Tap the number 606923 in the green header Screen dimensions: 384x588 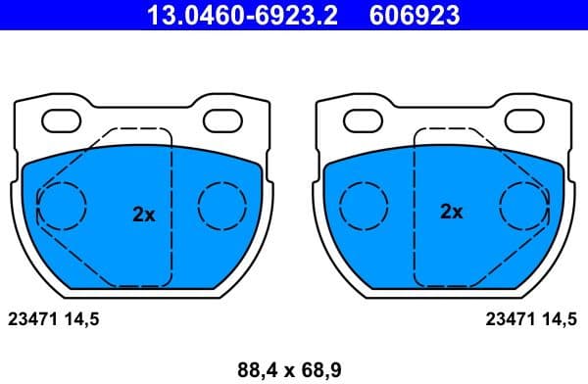[x=415, y=15]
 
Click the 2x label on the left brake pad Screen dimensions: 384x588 [x=144, y=213]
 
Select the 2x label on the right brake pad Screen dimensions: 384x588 [x=451, y=211]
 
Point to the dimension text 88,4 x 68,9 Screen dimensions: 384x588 [x=291, y=369]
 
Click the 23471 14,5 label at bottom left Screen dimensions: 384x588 [x=54, y=317]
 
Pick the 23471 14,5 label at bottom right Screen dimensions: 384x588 [x=533, y=317]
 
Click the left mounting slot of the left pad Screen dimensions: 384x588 [x=66, y=120]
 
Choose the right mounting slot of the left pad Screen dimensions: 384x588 [x=223, y=120]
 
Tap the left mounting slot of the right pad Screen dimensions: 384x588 [x=364, y=120]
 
